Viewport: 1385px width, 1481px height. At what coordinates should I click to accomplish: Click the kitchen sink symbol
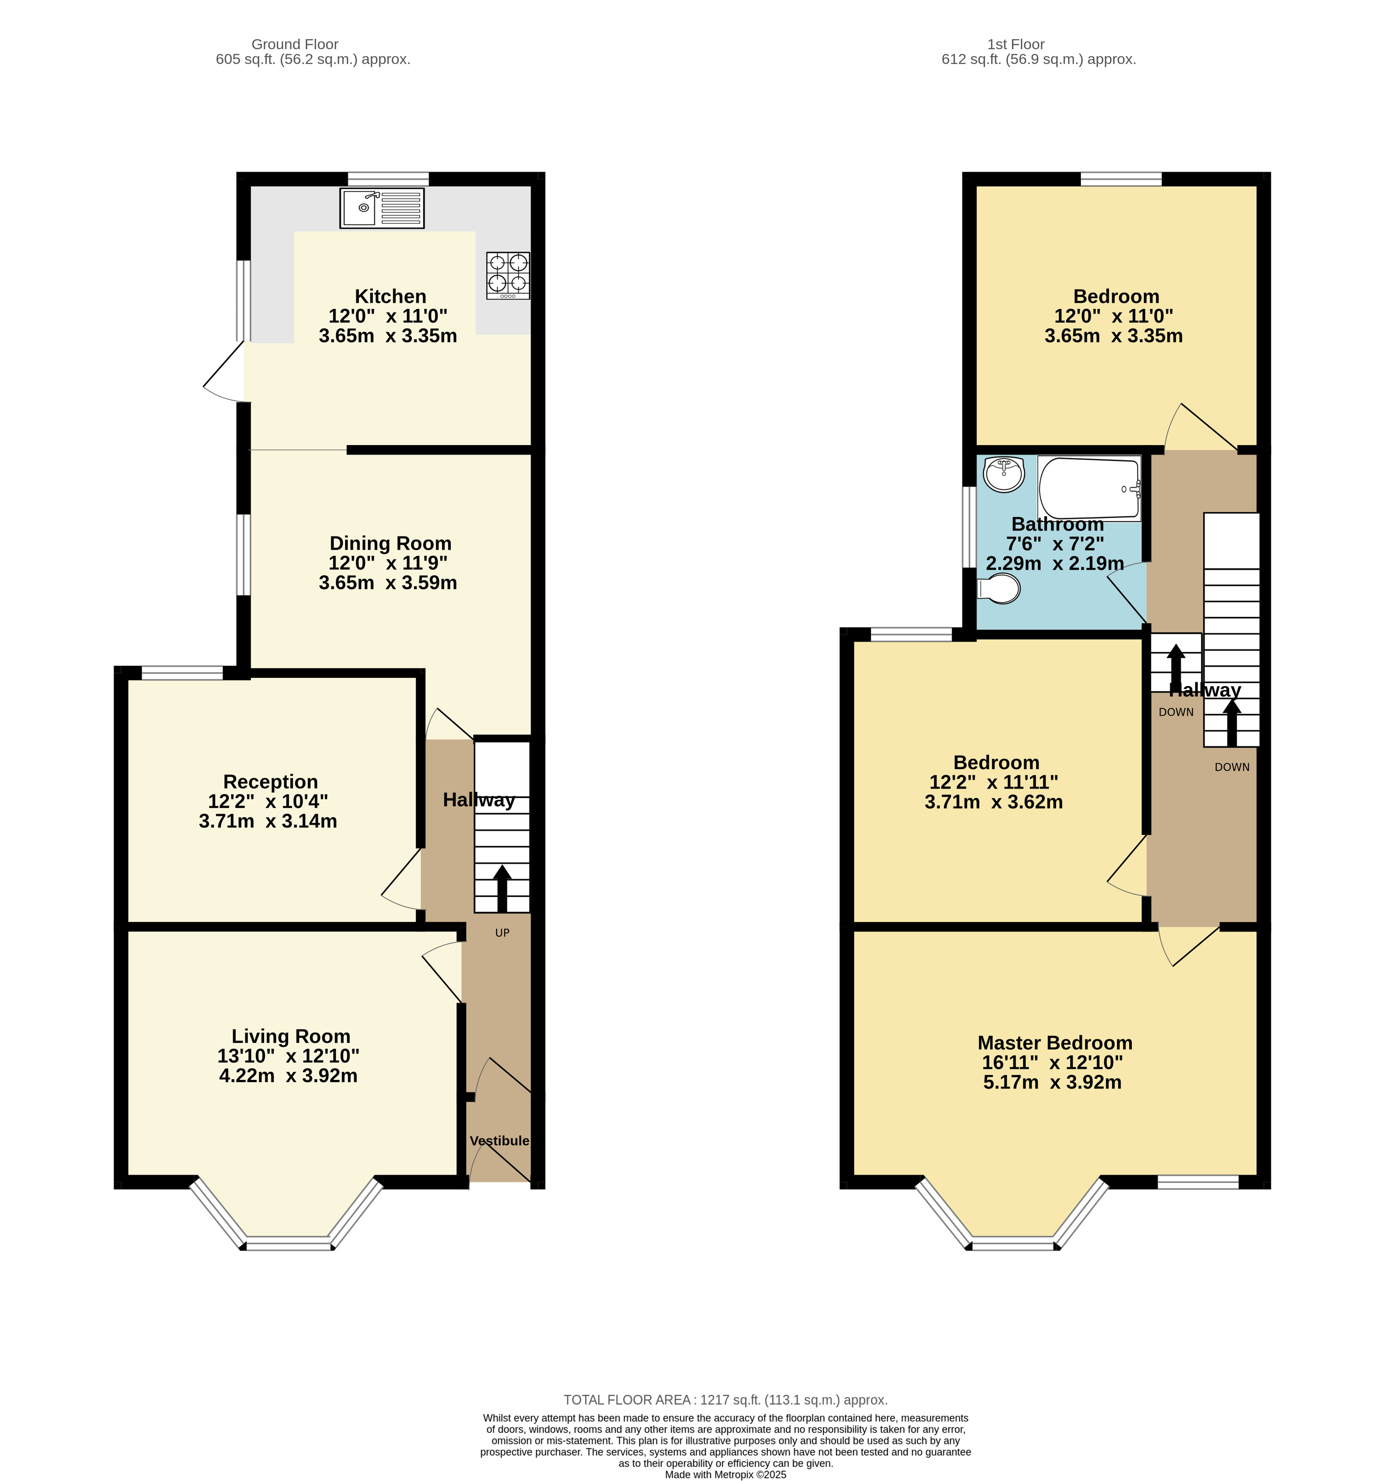[x=382, y=208]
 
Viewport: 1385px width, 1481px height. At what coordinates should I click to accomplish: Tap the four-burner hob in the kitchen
[x=508, y=276]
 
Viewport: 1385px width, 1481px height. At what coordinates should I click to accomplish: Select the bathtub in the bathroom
[x=1089, y=488]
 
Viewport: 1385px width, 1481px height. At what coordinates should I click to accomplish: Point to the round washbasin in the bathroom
[x=1003, y=474]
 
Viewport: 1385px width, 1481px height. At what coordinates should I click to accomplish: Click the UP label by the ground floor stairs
[x=502, y=933]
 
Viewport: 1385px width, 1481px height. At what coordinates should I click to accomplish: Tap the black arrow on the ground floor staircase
[x=502, y=888]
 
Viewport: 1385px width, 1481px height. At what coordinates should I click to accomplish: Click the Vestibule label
[x=499, y=1140]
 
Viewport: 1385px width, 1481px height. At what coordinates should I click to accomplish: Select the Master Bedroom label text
[x=1054, y=1043]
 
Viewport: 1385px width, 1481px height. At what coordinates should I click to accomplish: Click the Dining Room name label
[x=390, y=543]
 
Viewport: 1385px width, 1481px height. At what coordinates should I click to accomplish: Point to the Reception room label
[x=271, y=781]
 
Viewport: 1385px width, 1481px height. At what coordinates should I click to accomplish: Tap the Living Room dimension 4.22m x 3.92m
[x=288, y=1076]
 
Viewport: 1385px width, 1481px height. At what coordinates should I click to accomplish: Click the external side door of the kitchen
[x=224, y=372]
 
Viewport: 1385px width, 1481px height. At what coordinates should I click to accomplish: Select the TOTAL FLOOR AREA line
[x=725, y=1400]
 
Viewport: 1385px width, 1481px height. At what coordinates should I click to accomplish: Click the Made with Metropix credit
[x=725, y=1474]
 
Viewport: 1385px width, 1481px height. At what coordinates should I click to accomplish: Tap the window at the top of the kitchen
[x=388, y=179]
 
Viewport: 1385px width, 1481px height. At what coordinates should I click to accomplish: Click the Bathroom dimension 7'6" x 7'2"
[x=1055, y=544]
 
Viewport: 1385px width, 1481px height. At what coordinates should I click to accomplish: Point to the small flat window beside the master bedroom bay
[x=1198, y=1182]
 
